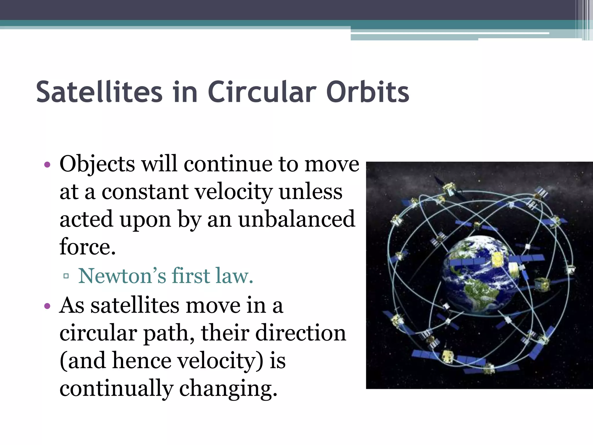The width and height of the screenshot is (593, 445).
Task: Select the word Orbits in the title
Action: point(367,92)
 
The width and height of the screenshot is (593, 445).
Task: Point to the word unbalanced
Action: point(296,219)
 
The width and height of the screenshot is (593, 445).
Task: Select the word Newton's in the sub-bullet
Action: point(122,276)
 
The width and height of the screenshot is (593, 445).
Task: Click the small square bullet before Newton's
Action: point(66,276)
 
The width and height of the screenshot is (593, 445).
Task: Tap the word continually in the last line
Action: point(116,389)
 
